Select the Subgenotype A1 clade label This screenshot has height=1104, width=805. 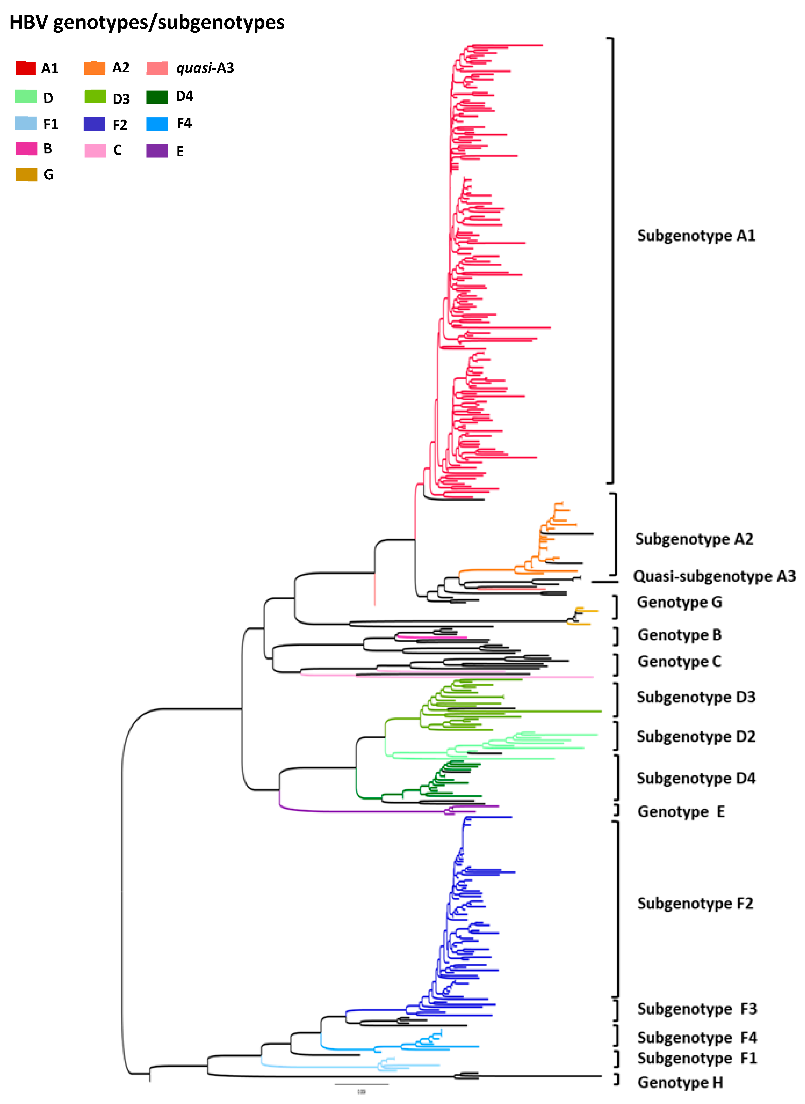pyautogui.click(x=696, y=236)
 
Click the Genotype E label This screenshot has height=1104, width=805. pyautogui.click(x=681, y=812)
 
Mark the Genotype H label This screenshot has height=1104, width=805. pyautogui.click(x=680, y=1083)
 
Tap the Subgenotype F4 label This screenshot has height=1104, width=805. pyautogui.click(x=697, y=1038)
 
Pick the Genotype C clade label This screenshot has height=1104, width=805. pyautogui.click(x=679, y=662)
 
